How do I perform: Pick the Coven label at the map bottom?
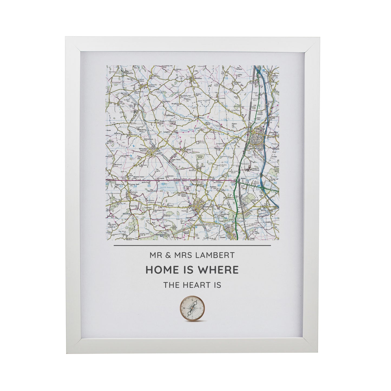[x=222, y=237]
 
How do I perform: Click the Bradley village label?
[x=199, y=79]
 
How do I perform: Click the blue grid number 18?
[x=226, y=78]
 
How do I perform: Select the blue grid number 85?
[x=149, y=186]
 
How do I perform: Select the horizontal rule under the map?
[x=192, y=246]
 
